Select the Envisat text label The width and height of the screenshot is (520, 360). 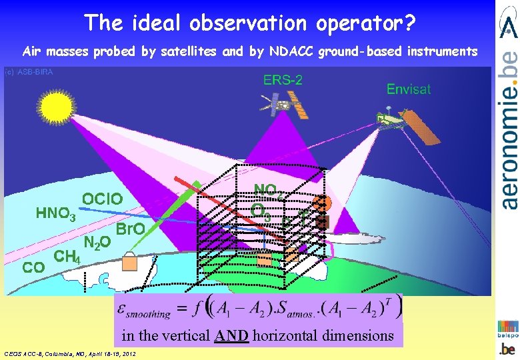point(409,89)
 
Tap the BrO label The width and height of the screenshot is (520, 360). point(131,230)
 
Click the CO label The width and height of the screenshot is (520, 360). point(34,267)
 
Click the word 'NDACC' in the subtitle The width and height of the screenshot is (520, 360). point(289,51)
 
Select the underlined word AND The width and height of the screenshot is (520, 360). point(232,335)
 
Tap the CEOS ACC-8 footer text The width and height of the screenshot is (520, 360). point(70,353)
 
